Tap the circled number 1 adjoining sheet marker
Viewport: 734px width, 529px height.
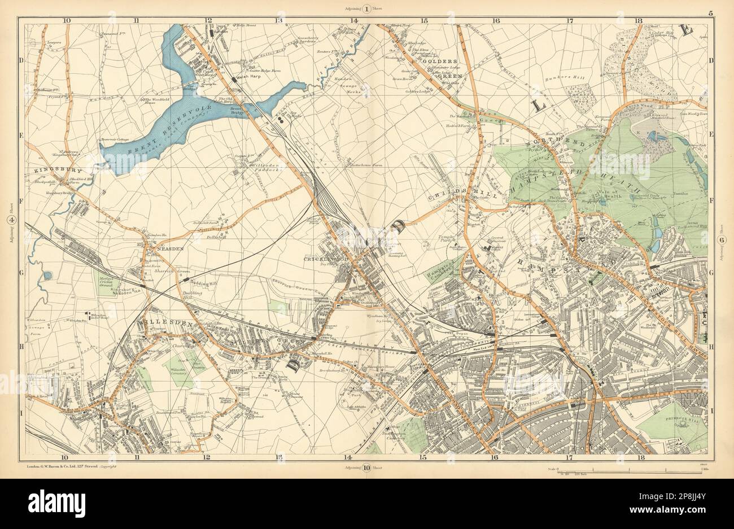[x=367, y=8]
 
